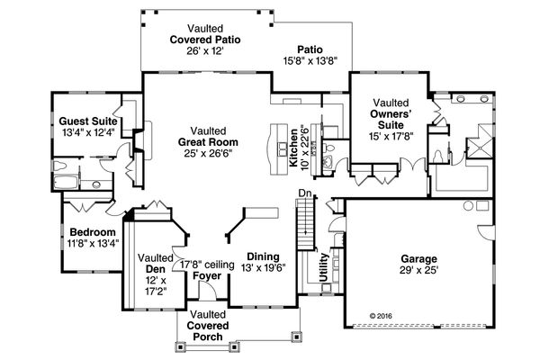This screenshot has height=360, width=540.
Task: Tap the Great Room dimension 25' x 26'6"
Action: click(x=208, y=152)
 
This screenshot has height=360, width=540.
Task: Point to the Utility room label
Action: click(x=324, y=267)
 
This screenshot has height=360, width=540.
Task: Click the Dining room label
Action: click(x=263, y=256)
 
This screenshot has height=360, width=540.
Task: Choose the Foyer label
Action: click(x=208, y=276)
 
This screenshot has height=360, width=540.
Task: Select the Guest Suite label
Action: click(x=85, y=121)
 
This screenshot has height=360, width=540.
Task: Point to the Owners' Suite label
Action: click(x=390, y=115)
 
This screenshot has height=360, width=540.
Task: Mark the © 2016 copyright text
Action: click(x=382, y=317)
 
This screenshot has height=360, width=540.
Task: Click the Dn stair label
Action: click(x=304, y=193)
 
